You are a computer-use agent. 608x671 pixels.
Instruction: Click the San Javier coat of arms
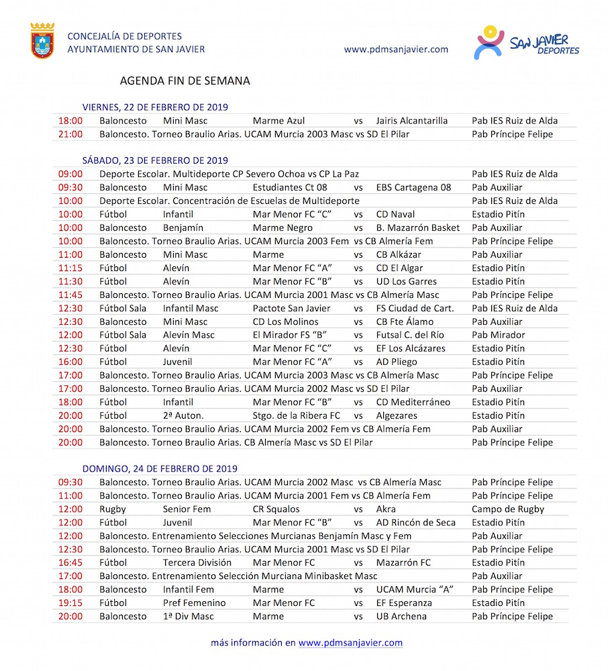pyautogui.click(x=42, y=41)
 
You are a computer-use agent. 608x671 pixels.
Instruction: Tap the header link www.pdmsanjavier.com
pyautogui.click(x=395, y=49)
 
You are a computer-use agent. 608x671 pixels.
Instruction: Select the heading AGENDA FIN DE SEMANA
pyautogui.click(x=185, y=81)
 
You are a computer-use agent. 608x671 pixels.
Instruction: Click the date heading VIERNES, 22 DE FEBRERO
pyautogui.click(x=155, y=107)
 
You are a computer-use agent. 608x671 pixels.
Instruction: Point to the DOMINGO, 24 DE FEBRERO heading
pyautogui.click(x=160, y=469)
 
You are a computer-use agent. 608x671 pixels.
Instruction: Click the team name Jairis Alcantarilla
pyautogui.click(x=411, y=121)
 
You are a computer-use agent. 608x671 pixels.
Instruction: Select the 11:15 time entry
pyautogui.click(x=70, y=268)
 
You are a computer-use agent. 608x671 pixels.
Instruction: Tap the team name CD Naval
pyautogui.click(x=395, y=215)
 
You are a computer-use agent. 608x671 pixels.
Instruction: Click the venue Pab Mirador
pyautogui.click(x=498, y=335)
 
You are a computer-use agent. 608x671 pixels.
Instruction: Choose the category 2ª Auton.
pyautogui.click(x=183, y=416)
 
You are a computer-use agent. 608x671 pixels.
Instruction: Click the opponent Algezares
pyautogui.click(x=397, y=416)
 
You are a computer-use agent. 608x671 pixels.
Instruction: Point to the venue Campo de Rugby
pyautogui.click(x=507, y=509)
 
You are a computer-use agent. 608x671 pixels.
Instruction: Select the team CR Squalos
pyautogui.click(x=276, y=509)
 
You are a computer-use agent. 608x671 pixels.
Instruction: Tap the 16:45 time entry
pyautogui.click(x=70, y=563)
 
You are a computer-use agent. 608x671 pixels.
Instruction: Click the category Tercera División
pyautogui.click(x=197, y=563)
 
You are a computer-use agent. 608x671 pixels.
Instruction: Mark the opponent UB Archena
pyautogui.click(x=401, y=617)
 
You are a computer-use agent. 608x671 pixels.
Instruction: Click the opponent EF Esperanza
pyautogui.click(x=404, y=603)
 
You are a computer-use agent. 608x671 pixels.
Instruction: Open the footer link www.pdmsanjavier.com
pyautogui.click(x=350, y=643)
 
